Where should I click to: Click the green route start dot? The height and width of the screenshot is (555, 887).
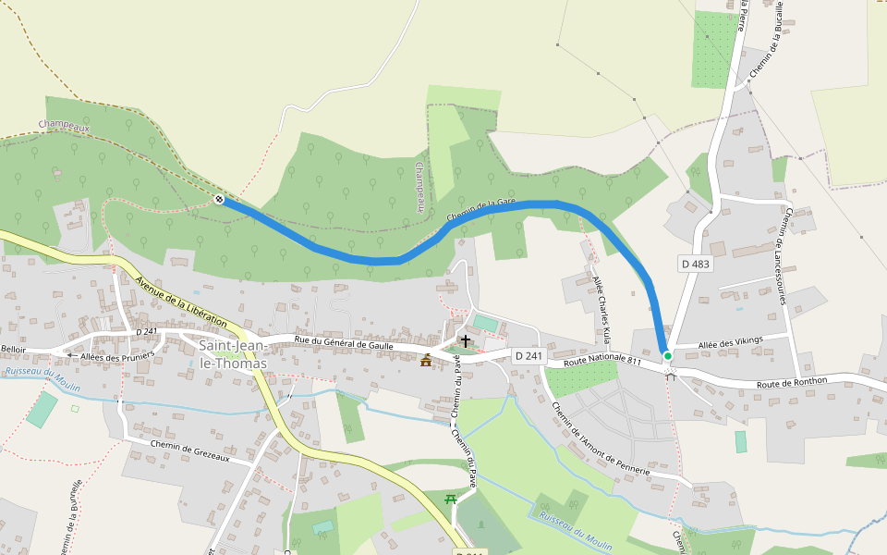click(x=667, y=355)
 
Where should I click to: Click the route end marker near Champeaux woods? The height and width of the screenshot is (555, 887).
click(x=219, y=199)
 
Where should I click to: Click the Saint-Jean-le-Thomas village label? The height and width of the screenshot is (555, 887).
click(x=233, y=354)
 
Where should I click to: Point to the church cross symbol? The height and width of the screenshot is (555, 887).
click(x=466, y=341)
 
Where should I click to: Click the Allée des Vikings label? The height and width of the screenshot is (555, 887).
click(x=731, y=341)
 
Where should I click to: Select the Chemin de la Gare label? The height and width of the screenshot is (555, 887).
click(x=480, y=209)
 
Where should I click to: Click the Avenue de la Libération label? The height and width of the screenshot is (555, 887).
click(x=180, y=300)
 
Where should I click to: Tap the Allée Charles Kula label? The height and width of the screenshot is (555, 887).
click(x=602, y=303)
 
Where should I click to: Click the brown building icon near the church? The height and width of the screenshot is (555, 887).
click(x=426, y=360)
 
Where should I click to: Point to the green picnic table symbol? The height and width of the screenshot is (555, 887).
click(x=452, y=499)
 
